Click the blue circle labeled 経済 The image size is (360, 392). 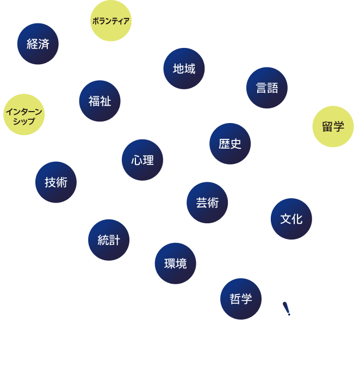(38, 44)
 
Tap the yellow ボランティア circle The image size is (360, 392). (111, 21)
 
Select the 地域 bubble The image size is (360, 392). (184, 69)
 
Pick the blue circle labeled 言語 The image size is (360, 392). (267, 88)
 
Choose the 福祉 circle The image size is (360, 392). (100, 101)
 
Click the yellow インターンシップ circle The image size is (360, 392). (24, 114)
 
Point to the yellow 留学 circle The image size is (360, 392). (333, 126)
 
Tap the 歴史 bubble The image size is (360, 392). (230, 144)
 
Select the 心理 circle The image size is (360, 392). (142, 160)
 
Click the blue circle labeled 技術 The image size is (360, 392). (56, 182)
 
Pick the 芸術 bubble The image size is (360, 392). (207, 203)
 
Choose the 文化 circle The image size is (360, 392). (291, 219)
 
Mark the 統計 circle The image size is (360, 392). (109, 240)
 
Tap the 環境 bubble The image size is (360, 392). (176, 264)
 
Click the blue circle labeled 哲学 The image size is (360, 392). (241, 299)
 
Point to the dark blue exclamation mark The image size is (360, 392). (287, 309)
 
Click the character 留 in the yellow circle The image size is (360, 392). (327, 126)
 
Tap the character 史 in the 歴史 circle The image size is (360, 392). (235, 144)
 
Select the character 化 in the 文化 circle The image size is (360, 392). (297, 219)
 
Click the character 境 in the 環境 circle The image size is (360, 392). (181, 264)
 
